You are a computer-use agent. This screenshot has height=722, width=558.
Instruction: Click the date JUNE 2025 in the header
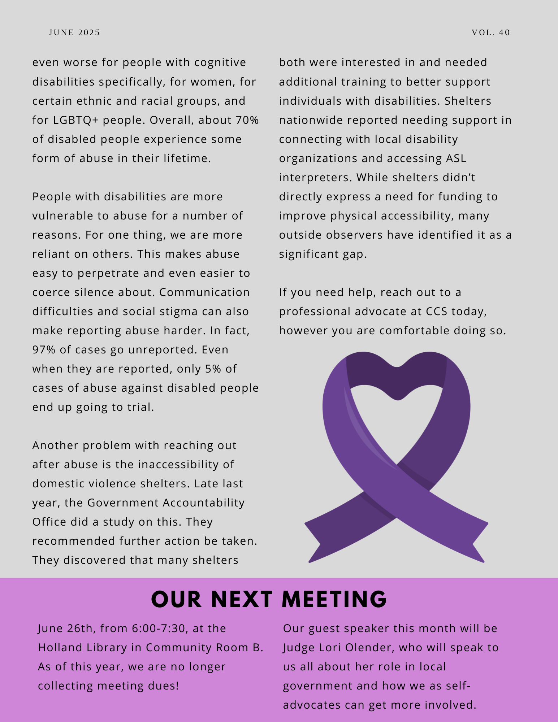(x=74, y=32)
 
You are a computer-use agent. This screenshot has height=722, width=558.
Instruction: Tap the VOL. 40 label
(x=491, y=32)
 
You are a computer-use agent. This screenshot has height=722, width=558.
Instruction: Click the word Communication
(x=204, y=292)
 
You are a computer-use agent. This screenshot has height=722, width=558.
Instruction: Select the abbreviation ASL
(x=456, y=158)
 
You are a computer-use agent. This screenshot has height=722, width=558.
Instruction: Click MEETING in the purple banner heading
(x=334, y=600)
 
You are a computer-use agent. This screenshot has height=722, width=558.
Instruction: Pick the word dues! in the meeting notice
(x=164, y=686)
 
